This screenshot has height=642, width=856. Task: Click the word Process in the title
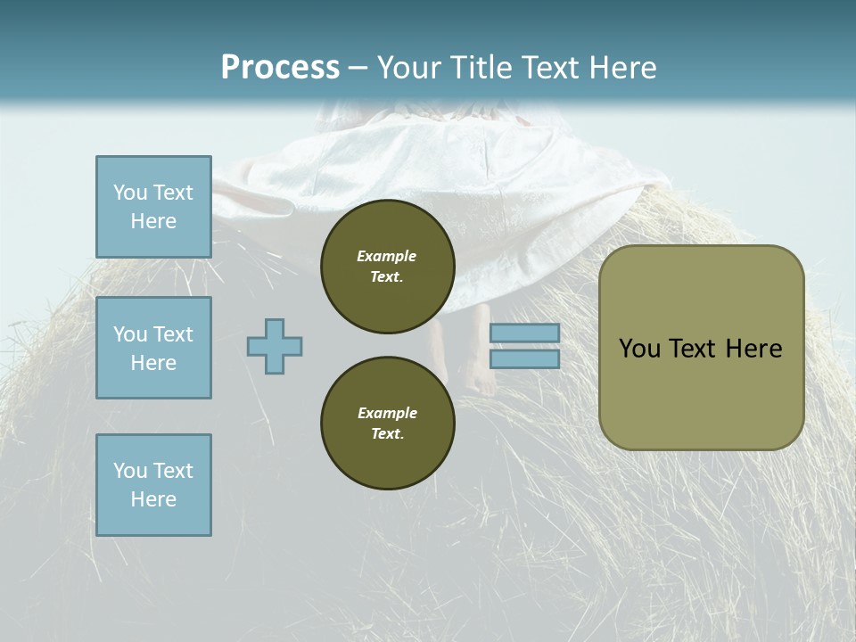[280, 67]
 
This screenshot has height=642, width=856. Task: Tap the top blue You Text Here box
[153, 207]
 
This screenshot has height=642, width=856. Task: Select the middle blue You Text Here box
[153, 348]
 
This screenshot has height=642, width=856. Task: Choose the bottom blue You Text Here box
[153, 484]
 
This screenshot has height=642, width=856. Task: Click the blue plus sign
[275, 346]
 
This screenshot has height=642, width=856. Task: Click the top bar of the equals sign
[525, 333]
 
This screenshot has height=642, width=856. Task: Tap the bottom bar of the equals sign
[525, 358]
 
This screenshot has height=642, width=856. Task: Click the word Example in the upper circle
[386, 256]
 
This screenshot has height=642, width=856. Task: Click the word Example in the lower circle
[387, 413]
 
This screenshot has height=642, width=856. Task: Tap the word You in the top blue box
[130, 193]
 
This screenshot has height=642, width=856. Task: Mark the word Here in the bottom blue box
[153, 499]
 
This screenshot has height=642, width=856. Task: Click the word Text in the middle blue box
[172, 334]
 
